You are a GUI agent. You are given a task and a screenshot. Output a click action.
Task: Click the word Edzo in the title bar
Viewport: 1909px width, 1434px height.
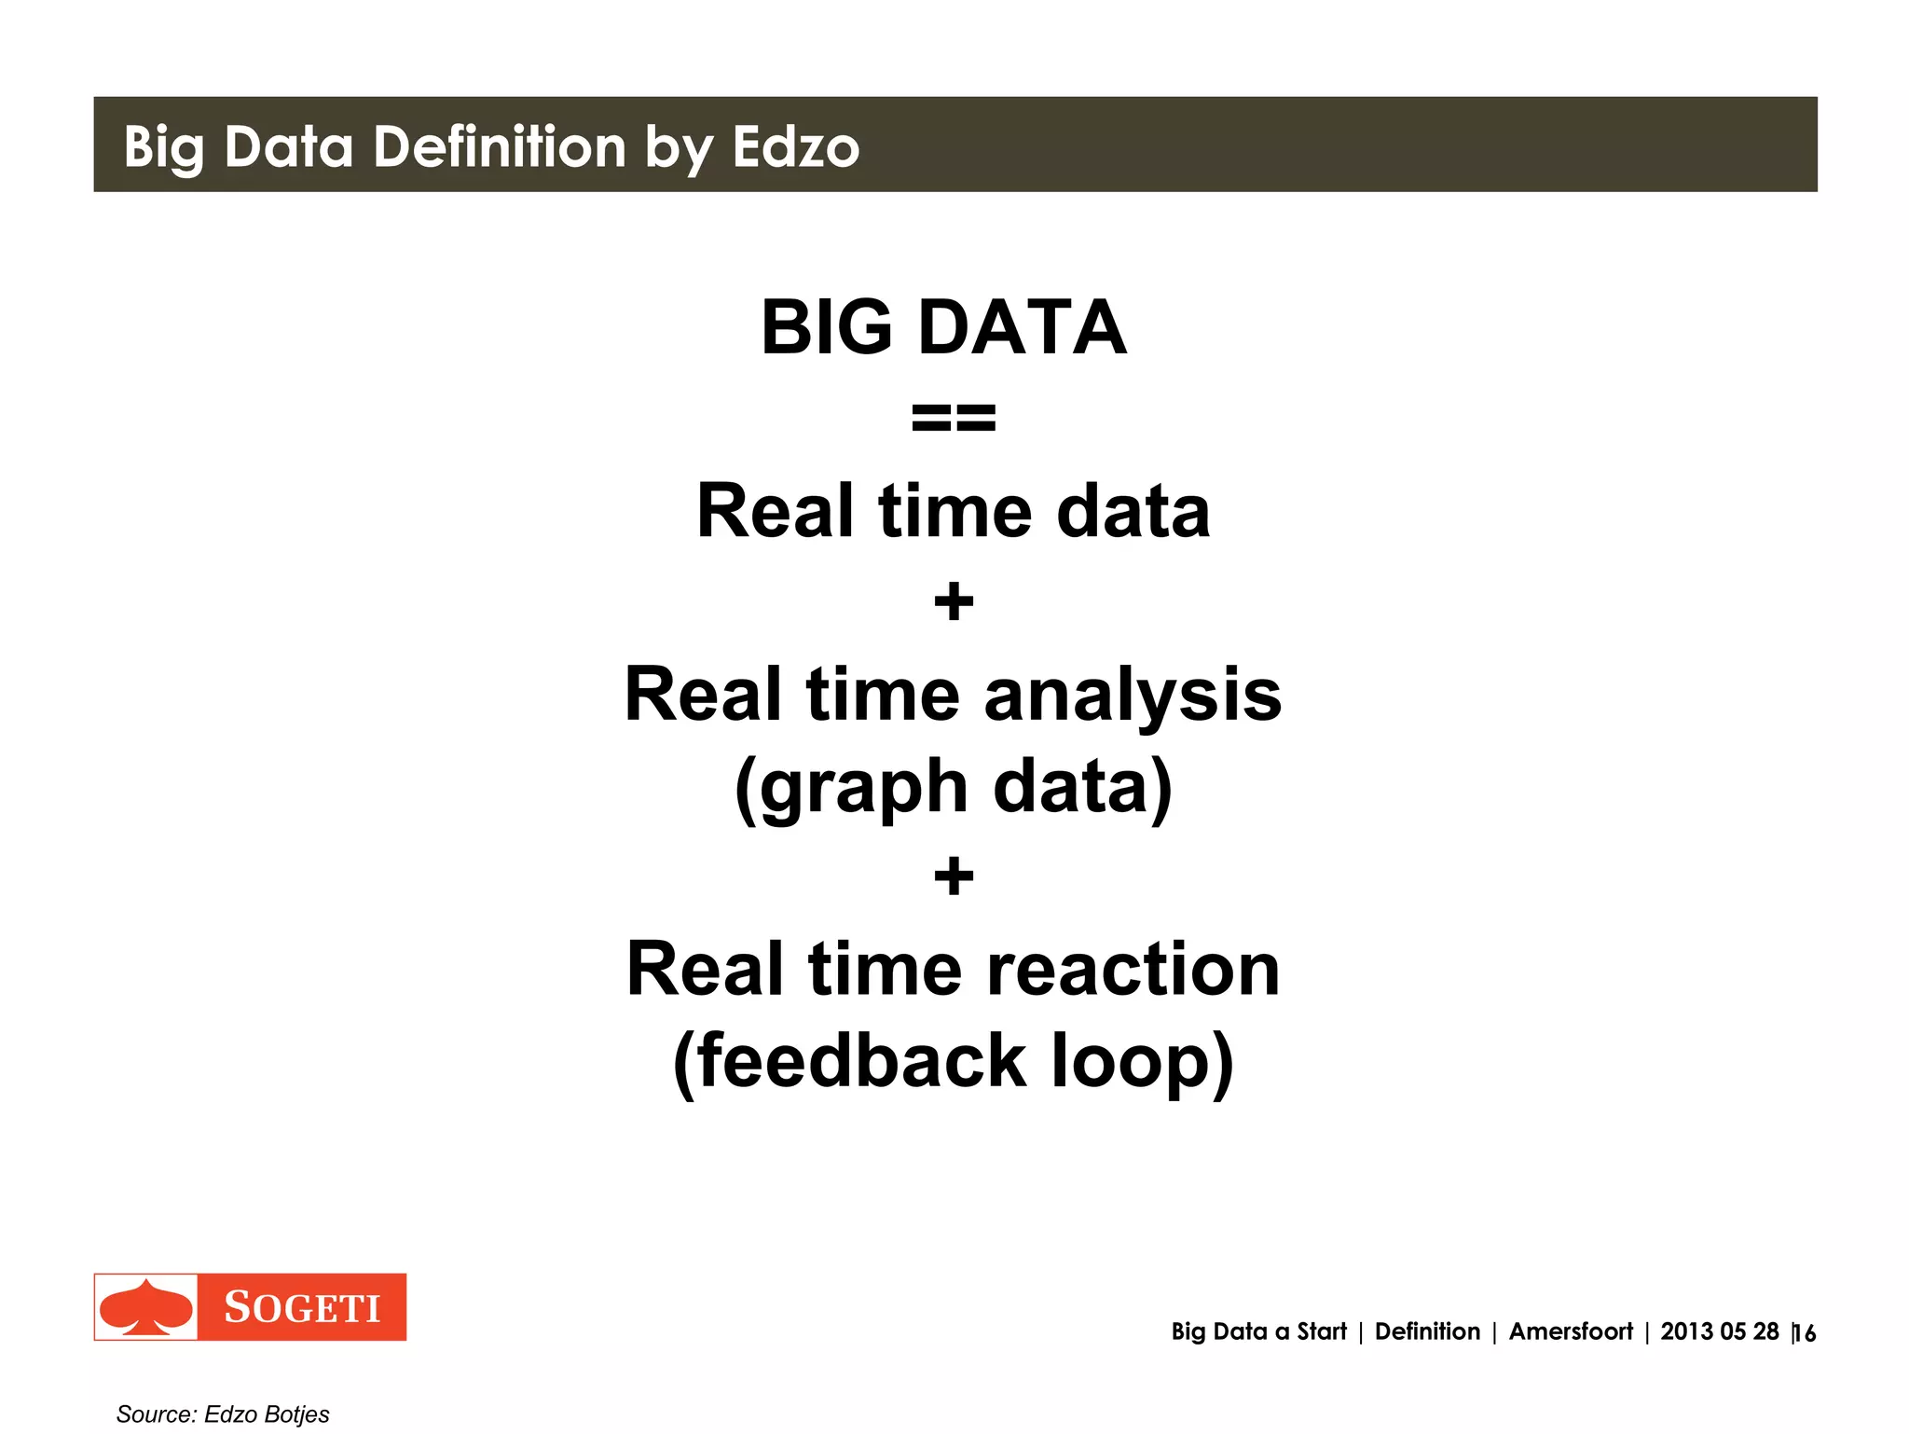click(x=795, y=147)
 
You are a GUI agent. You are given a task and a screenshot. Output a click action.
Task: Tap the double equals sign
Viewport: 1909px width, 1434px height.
click(x=954, y=418)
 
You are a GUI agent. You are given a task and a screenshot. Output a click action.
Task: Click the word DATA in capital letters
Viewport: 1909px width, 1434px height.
click(x=1023, y=327)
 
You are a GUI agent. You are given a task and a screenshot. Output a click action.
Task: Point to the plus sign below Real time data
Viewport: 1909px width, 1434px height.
click(x=954, y=601)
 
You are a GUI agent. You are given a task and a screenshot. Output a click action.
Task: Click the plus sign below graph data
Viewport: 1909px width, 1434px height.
click(x=954, y=876)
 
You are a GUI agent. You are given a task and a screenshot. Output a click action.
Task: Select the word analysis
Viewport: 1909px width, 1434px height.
click(x=1133, y=696)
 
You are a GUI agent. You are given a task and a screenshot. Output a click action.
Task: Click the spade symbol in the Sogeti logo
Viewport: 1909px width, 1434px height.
click(x=146, y=1307)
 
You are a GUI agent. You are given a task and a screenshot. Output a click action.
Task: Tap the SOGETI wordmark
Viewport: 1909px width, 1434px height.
click(x=302, y=1308)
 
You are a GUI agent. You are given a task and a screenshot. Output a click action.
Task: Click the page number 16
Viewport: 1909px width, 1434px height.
click(x=1806, y=1333)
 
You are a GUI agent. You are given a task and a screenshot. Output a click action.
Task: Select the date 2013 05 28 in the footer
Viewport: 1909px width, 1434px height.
click(x=1719, y=1331)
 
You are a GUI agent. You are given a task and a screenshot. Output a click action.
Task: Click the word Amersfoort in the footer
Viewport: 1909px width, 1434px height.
click(x=1571, y=1331)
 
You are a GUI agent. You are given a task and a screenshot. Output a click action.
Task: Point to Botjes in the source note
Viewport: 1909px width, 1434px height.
click(x=296, y=1414)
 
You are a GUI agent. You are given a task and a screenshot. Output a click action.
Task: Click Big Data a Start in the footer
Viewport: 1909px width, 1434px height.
click(x=1258, y=1331)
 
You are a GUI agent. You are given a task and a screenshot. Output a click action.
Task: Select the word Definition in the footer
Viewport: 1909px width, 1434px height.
click(x=1427, y=1331)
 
